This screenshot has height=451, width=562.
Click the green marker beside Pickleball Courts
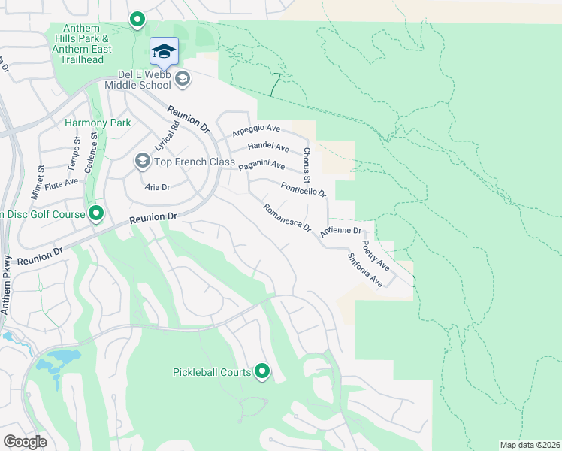click(x=262, y=371)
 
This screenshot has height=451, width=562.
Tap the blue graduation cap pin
click(x=164, y=52)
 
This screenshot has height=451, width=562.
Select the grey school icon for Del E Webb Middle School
click(x=182, y=78)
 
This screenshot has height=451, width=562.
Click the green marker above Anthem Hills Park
click(x=137, y=20)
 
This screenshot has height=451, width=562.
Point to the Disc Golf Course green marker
click(x=95, y=215)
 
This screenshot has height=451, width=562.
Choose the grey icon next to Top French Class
click(x=142, y=161)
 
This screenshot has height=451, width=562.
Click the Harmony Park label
click(x=98, y=123)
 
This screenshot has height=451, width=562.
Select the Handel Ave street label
click(x=268, y=147)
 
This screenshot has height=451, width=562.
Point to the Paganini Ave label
click(x=261, y=165)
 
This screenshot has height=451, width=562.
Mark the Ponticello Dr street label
click(x=304, y=189)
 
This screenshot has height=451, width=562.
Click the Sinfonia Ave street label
click(x=365, y=270)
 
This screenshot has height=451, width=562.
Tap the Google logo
click(x=25, y=442)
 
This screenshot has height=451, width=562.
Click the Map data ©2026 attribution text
click(x=529, y=445)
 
